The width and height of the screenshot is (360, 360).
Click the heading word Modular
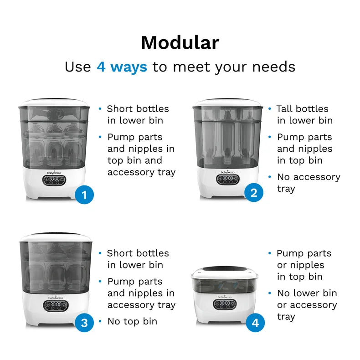coord(180,43)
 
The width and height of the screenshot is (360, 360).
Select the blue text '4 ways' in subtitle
coord(122,67)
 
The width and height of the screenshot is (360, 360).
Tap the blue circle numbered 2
coord(254,193)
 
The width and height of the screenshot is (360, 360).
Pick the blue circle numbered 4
coord(255,323)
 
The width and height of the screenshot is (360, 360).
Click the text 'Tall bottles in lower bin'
coord(304,114)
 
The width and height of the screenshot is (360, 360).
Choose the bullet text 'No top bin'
coord(132,321)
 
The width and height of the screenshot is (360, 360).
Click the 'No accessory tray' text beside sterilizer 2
coord(308,183)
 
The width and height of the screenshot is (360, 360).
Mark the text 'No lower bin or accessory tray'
coord(306,305)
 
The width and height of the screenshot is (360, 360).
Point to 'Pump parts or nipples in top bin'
coord(303,265)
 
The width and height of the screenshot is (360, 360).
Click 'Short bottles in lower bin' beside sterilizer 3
coord(138,259)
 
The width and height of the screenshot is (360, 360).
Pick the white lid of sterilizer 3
coord(55,237)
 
